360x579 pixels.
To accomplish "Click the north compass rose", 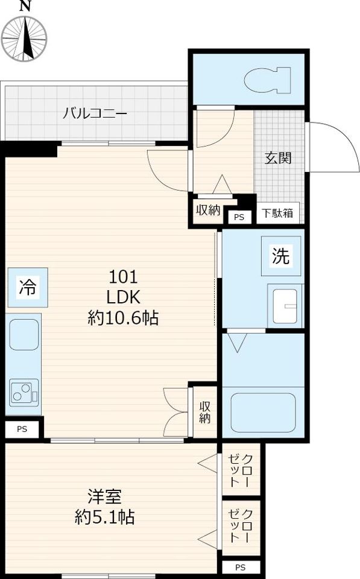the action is (24, 38).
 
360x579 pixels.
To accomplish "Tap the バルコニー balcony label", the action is (95, 113).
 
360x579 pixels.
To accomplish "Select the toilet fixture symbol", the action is (267, 80).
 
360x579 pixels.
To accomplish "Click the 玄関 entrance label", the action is (278, 158).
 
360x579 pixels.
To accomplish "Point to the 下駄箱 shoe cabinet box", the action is (277, 213).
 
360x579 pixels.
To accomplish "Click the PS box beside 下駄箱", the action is (239, 217).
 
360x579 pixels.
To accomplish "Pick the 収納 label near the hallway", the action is (208, 210).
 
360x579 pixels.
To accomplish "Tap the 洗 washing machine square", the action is (281, 256).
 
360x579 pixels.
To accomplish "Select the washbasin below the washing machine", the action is (285, 306).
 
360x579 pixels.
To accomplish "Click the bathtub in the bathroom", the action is (263, 413).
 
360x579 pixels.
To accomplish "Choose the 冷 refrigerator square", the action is (28, 287).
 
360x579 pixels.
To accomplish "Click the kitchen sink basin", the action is (24, 335).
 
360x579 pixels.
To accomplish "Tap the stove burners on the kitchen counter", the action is (24, 393).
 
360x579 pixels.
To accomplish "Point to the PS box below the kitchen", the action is (22, 429).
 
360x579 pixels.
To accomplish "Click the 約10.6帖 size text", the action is (124, 317).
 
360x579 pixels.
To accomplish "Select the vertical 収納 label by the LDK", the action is (205, 412).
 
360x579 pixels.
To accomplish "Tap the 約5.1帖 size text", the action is (104, 517).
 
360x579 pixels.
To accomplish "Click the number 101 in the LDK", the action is (124, 277).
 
